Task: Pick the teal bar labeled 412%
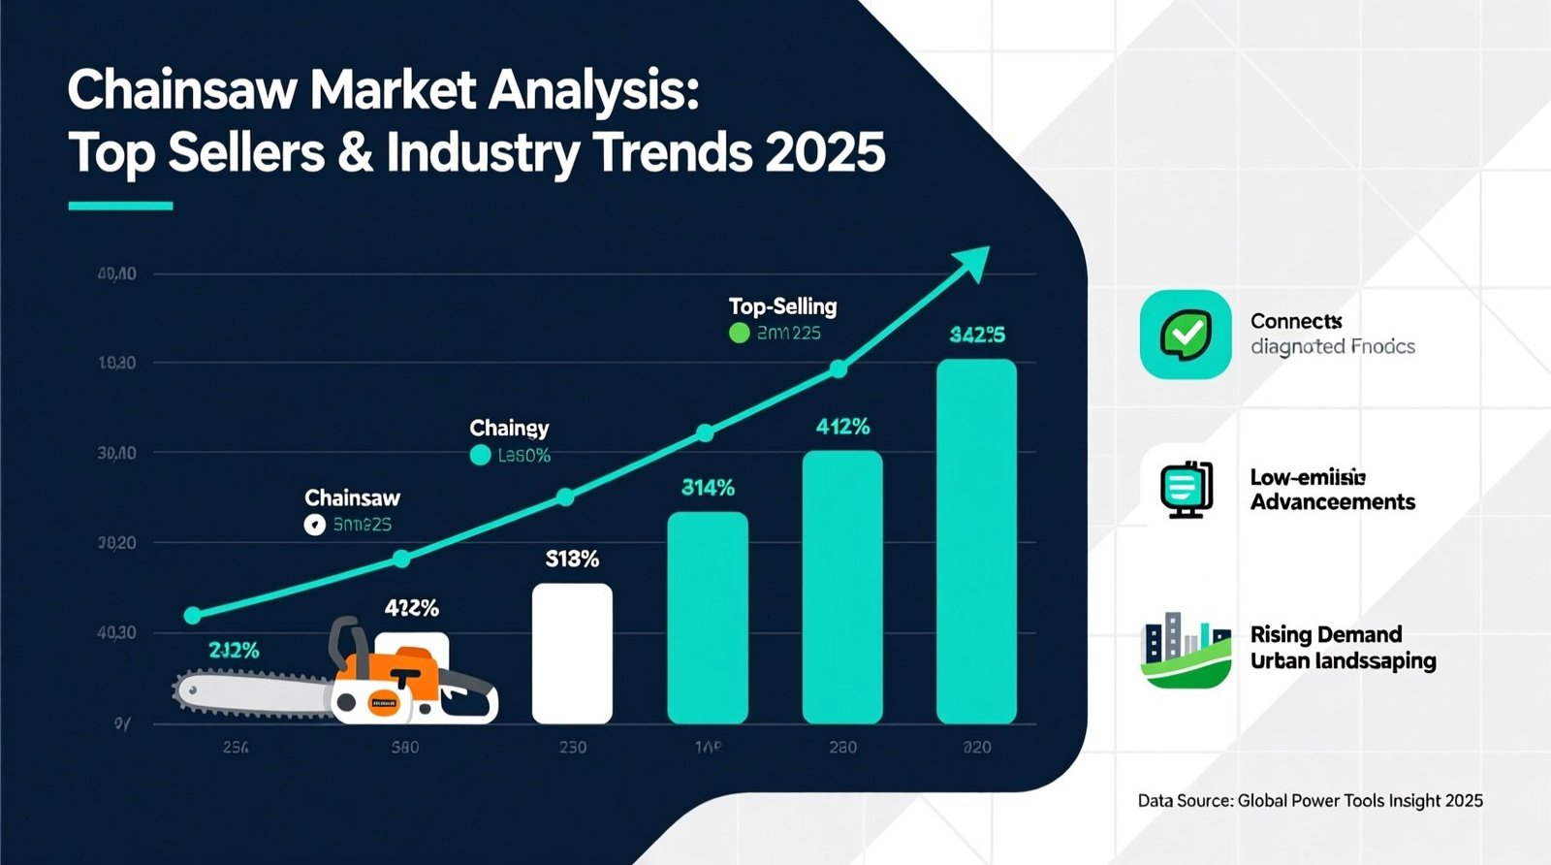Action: (x=842, y=586)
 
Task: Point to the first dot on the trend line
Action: (x=192, y=615)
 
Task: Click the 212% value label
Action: (x=234, y=651)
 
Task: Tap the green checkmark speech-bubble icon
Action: (x=1186, y=335)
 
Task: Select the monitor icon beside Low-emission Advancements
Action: (x=1187, y=490)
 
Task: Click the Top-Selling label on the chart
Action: (x=782, y=306)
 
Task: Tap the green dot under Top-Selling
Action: (x=739, y=334)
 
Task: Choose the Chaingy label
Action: (x=509, y=428)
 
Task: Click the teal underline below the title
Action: (x=120, y=206)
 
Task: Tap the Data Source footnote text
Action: (x=1310, y=801)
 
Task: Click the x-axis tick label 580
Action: (x=404, y=748)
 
